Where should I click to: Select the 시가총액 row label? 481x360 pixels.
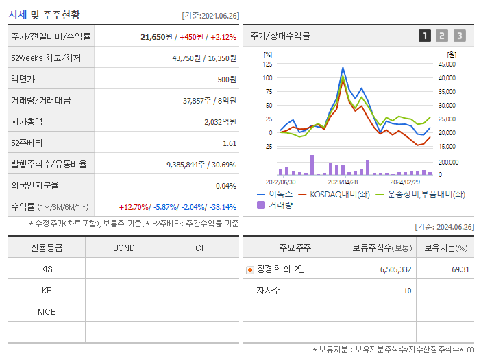pos(27,121)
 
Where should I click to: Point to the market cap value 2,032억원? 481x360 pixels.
pos(220,121)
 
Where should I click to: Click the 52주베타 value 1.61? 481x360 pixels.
pos(230,143)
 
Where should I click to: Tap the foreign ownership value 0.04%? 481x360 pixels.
pos(225,186)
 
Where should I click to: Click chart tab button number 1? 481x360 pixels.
pos(425,36)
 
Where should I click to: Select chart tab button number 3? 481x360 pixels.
pos(459,36)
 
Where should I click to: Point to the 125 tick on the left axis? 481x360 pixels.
pos(267,64)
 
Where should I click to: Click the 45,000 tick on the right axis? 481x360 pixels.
pos(447,64)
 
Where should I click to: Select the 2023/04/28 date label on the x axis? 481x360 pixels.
pos(343,182)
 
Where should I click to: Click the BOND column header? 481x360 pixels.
pos(123,248)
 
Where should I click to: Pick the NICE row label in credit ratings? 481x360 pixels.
pos(47,312)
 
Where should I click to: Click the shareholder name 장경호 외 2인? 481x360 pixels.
pos(281,269)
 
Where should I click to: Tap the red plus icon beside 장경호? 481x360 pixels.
pos(249,270)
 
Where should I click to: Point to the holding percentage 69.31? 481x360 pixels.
pos(460,269)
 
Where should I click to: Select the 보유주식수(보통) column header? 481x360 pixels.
pos(382,248)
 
